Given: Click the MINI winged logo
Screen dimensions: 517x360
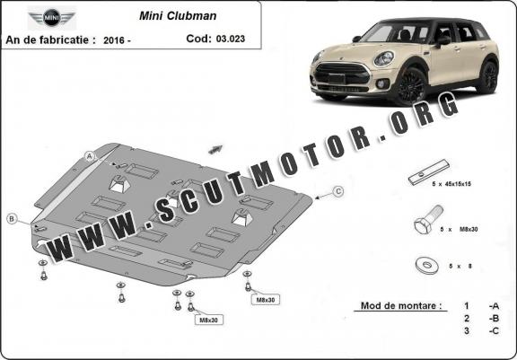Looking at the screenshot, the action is [x=51, y=18].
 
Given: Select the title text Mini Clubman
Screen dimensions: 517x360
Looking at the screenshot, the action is [x=178, y=16].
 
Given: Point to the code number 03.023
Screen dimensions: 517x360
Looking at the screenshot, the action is [x=231, y=39].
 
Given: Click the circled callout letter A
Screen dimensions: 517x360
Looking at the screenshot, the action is [x=90, y=156].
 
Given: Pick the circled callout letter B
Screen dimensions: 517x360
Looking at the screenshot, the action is [x=12, y=218].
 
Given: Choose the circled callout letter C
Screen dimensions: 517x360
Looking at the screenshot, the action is [x=338, y=191].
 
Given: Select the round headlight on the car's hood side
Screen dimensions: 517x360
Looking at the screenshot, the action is [x=383, y=59].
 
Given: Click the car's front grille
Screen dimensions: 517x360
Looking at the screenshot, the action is [x=342, y=75].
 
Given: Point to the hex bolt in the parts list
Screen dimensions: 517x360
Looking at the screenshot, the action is [x=427, y=220].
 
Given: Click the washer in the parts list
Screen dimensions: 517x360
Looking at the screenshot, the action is [x=426, y=266].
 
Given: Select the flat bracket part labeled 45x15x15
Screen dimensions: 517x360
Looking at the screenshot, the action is [x=429, y=172].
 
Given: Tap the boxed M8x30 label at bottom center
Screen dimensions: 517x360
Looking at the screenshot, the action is [x=209, y=320].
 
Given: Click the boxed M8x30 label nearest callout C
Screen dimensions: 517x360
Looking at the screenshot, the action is [x=266, y=300].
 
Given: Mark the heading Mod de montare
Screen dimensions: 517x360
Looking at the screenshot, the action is [x=401, y=305].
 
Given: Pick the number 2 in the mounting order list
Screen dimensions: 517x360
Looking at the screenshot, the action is [x=466, y=319].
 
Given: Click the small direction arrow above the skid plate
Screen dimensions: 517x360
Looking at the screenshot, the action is [x=215, y=149].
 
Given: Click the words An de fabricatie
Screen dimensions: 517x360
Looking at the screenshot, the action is [x=51, y=40].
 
